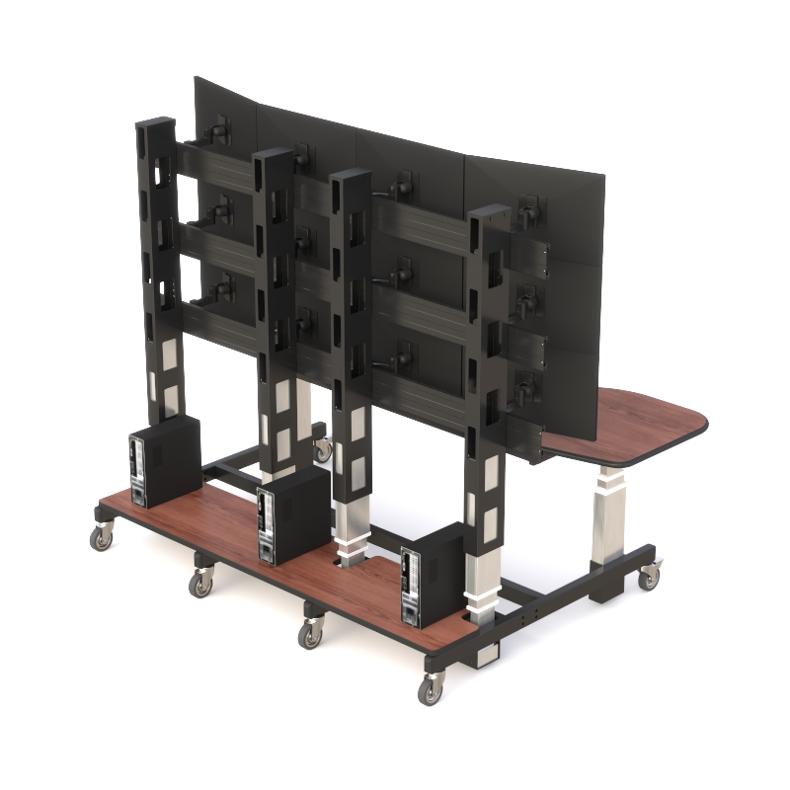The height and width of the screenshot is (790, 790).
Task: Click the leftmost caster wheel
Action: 102,538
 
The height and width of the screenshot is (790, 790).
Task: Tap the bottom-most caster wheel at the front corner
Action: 431,691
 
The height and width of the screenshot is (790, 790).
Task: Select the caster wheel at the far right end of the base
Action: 648,578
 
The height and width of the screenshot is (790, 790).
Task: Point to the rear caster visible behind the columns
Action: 323,450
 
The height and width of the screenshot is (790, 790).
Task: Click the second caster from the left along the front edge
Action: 202,584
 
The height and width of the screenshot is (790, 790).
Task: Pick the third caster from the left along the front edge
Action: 311,635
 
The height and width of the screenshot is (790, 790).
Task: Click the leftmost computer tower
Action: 163,461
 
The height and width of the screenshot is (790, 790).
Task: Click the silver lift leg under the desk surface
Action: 609,515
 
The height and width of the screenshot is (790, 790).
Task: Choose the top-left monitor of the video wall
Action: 225,109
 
